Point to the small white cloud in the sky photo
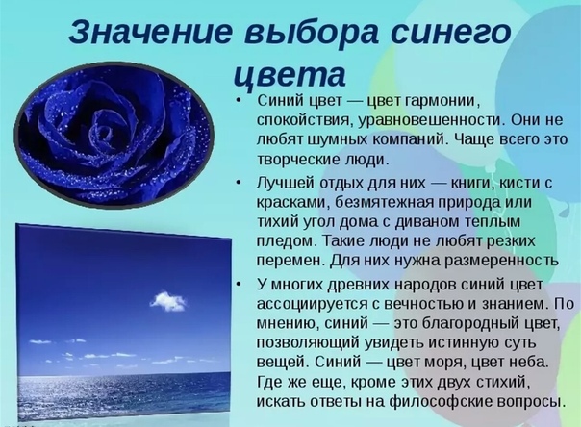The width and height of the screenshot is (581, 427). tap(167, 301)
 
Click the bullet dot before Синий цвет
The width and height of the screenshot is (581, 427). tap(239, 101)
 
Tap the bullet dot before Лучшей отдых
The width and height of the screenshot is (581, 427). tap(239, 182)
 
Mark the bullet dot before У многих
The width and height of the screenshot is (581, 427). tap(239, 284)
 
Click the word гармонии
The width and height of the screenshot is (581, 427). tap(442, 102)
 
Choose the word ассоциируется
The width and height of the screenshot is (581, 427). tap(312, 304)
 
